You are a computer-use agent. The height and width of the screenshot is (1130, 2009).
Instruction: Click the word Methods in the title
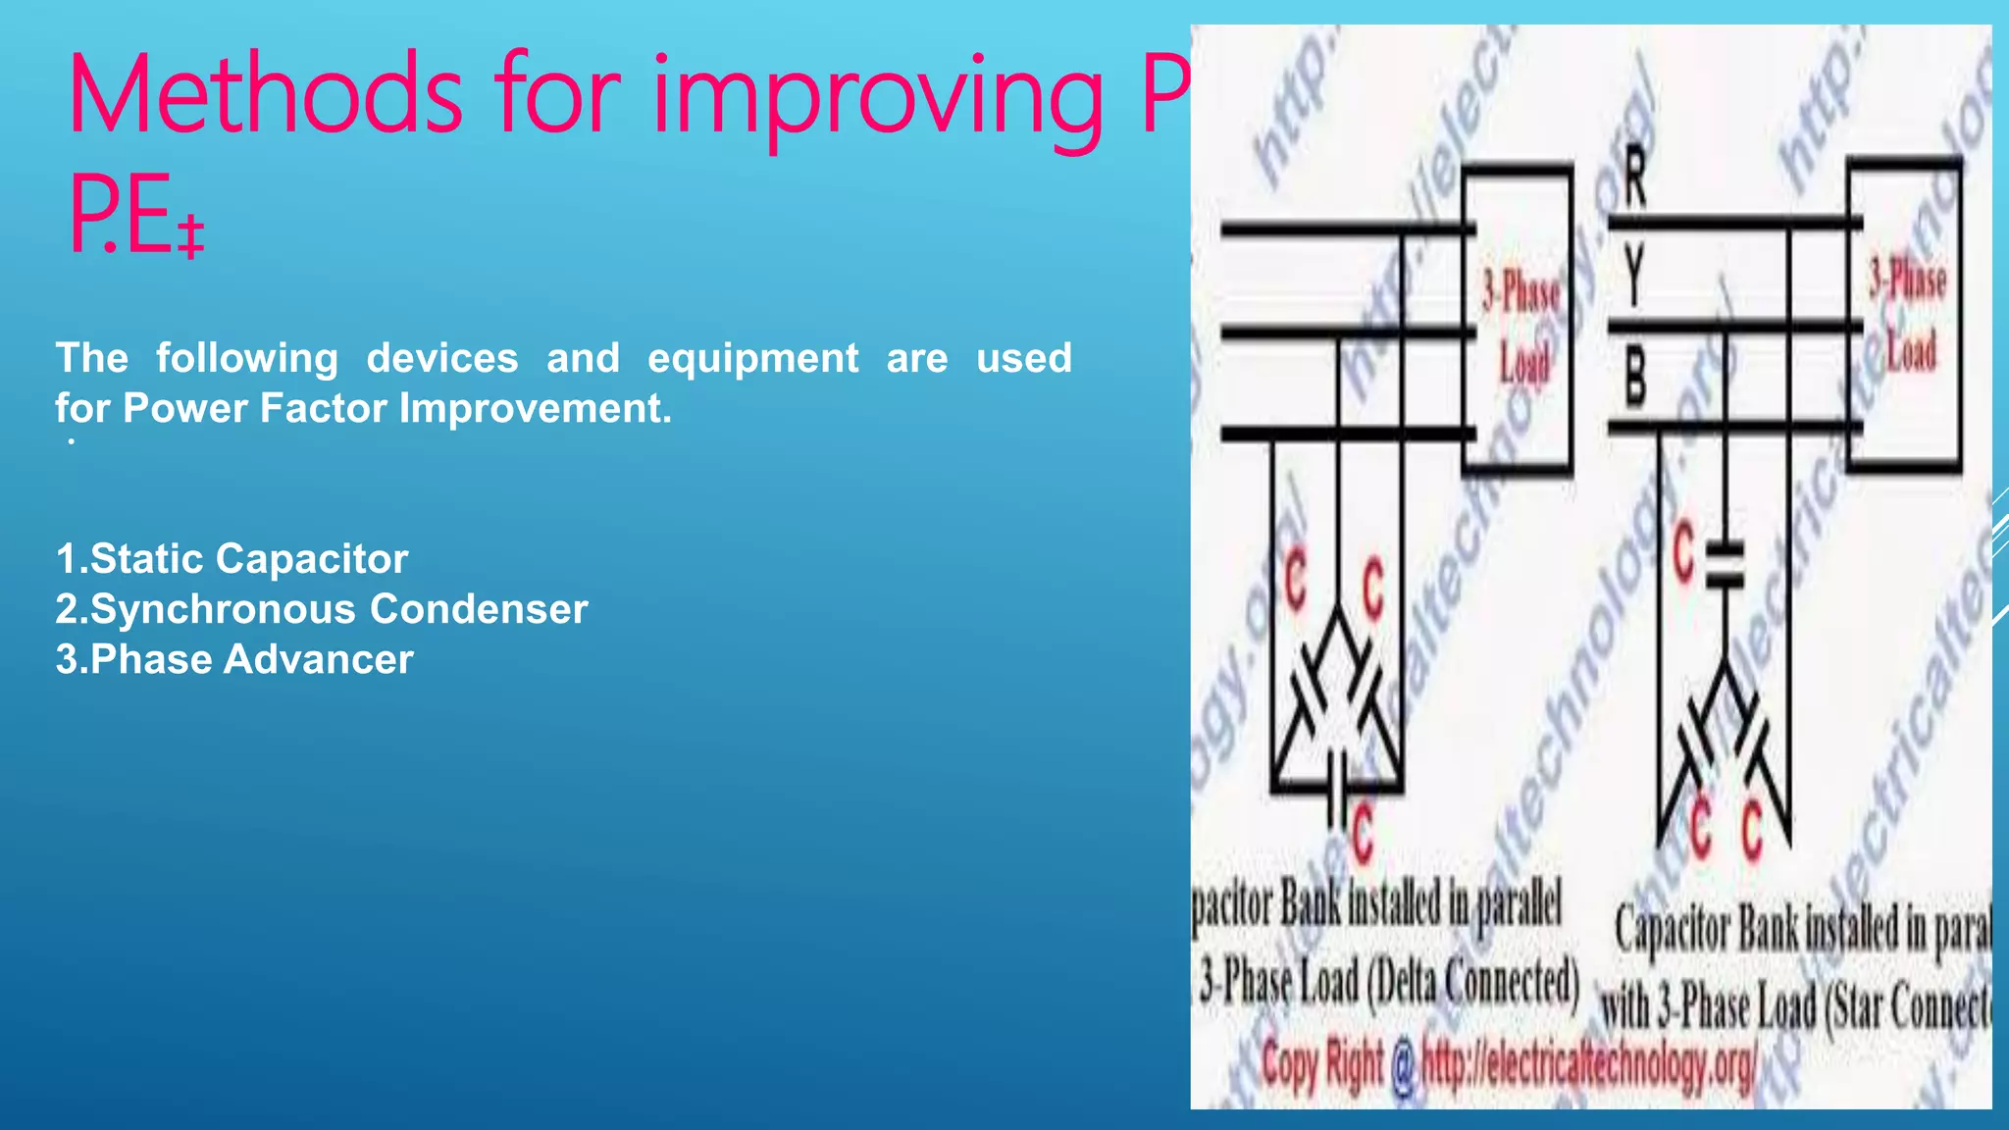(x=265, y=96)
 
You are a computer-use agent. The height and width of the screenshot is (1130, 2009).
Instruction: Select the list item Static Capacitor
(x=232, y=559)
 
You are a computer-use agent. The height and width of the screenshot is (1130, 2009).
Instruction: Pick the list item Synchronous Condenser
(x=322, y=609)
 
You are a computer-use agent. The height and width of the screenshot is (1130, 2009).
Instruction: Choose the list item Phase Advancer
(x=234, y=659)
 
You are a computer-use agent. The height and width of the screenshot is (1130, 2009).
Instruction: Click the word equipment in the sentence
(x=752, y=358)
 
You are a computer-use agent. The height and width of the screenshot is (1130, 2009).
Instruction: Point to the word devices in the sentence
(x=441, y=358)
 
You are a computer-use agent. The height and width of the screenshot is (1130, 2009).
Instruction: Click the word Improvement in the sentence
(x=535, y=408)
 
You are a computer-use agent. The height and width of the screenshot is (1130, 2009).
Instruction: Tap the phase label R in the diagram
(x=1634, y=177)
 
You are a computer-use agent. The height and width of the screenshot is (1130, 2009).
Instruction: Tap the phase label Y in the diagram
(x=1633, y=277)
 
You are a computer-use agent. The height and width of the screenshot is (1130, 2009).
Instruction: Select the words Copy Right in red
(x=1322, y=1064)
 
